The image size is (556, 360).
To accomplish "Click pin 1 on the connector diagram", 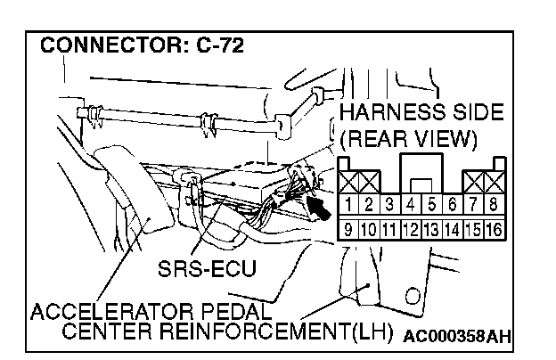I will coord(351,206).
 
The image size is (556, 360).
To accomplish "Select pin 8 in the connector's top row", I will coord(495,206).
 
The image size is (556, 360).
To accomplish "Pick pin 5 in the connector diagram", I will coord(432,206).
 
